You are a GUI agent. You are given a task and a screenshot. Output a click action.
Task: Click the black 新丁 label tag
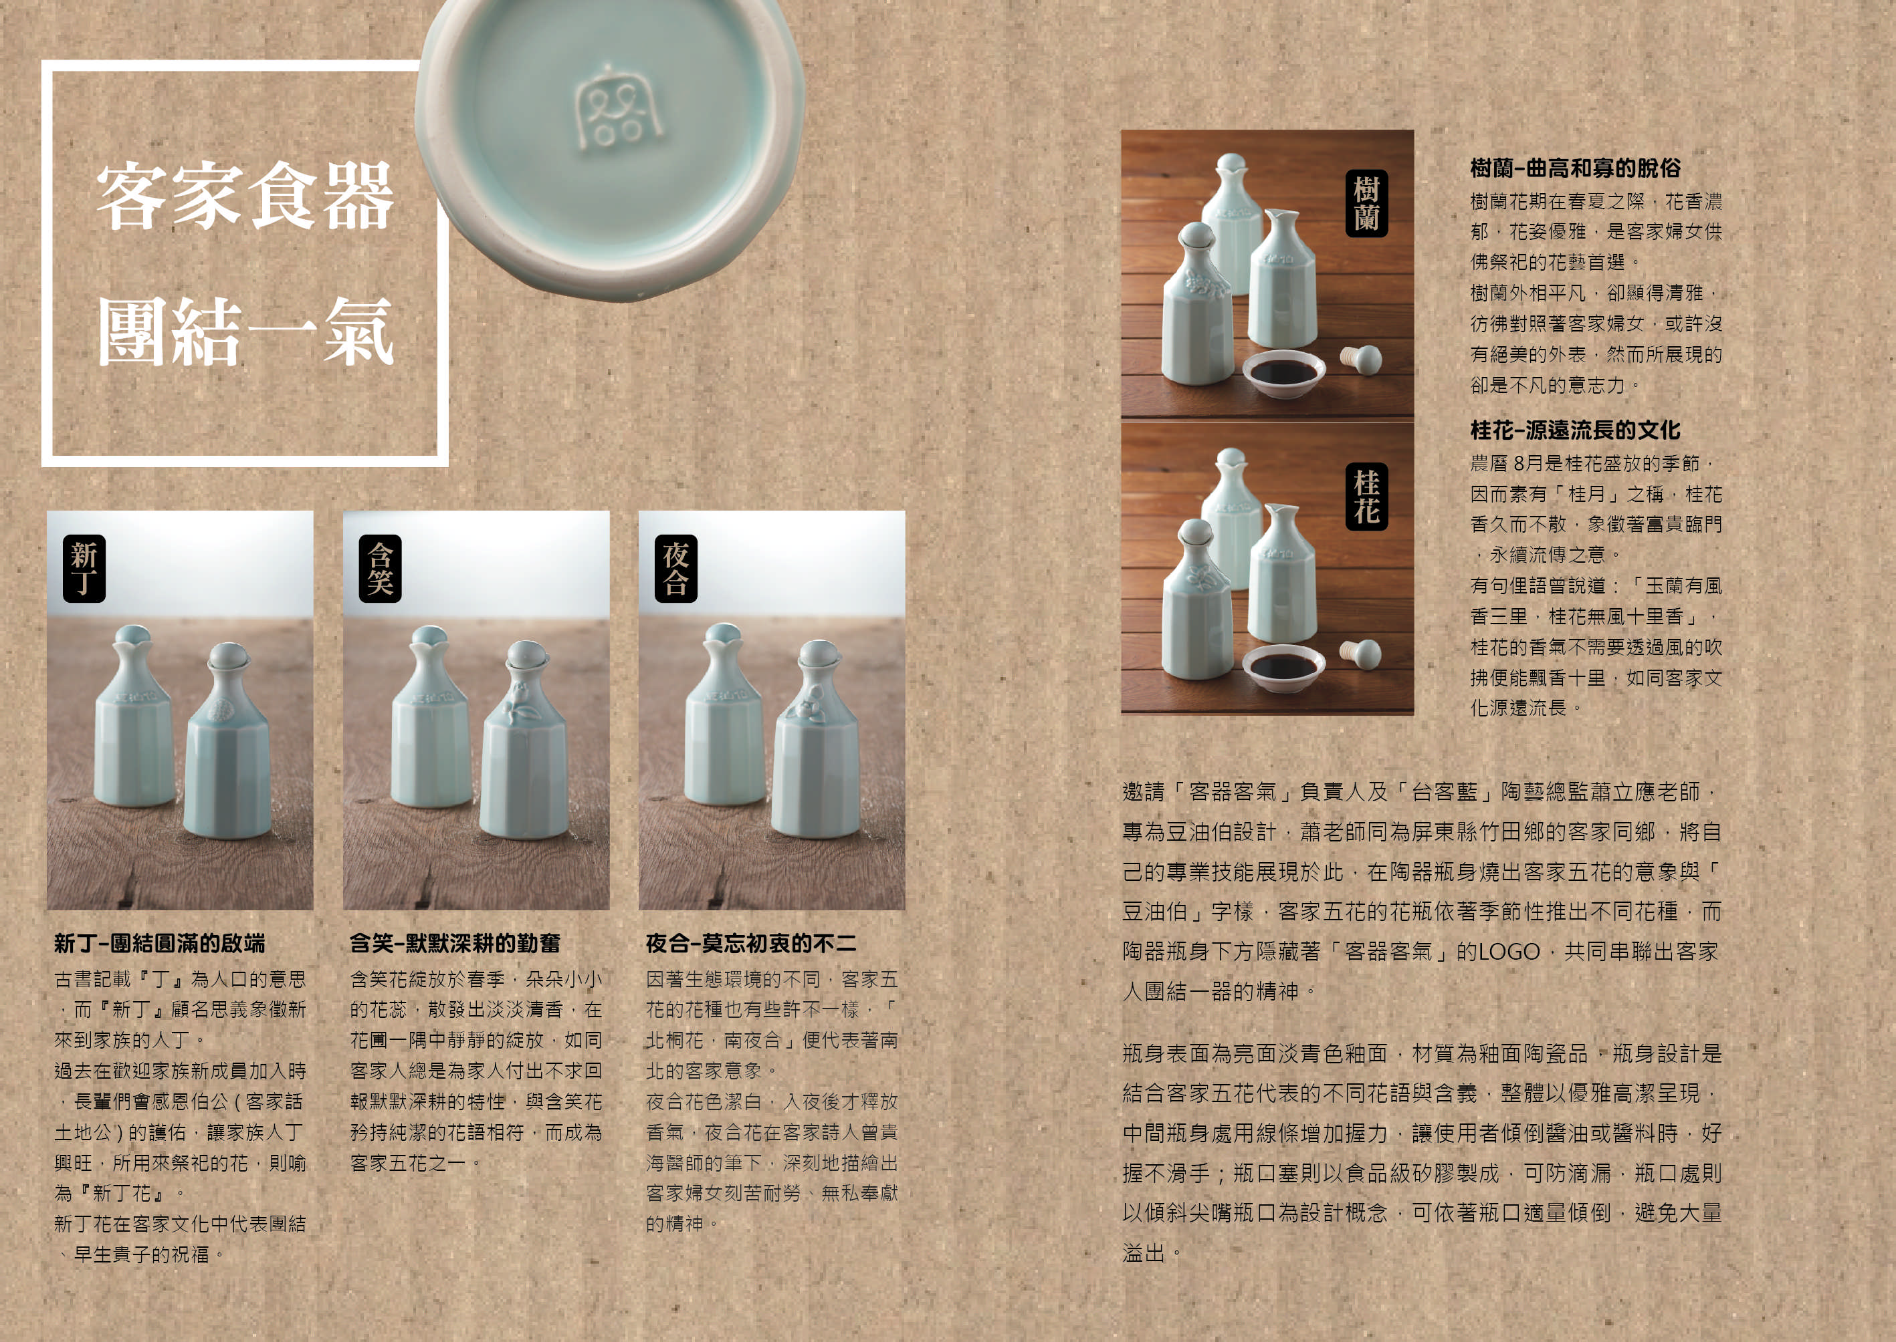(84, 569)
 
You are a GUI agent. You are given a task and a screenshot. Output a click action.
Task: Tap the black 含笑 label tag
(379, 569)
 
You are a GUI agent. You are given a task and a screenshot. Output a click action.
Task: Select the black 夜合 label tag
(675, 569)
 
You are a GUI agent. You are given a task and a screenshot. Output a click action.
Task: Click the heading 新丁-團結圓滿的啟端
(160, 943)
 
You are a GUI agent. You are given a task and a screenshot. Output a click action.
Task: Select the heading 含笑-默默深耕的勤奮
(455, 943)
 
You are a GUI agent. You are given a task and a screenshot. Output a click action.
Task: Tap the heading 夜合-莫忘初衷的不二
(751, 943)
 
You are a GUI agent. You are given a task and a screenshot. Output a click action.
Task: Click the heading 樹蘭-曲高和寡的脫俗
(1575, 168)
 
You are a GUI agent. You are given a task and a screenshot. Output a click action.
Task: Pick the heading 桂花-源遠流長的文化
(1575, 430)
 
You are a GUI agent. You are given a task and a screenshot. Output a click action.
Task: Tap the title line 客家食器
(245, 196)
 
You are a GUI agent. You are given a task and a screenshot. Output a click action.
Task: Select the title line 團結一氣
(245, 331)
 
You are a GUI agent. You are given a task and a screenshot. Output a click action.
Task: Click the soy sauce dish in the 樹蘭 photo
(1283, 374)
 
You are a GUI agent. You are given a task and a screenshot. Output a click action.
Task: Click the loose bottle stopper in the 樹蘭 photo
(1361, 360)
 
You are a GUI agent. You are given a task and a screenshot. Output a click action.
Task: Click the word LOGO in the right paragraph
(1509, 952)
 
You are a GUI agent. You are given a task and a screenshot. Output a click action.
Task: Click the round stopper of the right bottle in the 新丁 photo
(227, 657)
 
